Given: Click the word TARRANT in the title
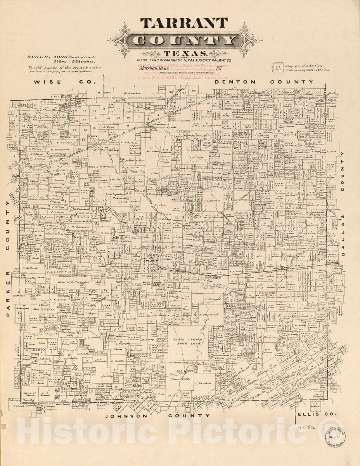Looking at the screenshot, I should click(x=184, y=23).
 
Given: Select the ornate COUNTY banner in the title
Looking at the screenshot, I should click(x=184, y=40).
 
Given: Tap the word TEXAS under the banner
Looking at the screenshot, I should click(x=184, y=53).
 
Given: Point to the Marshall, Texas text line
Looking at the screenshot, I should click(x=151, y=68).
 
